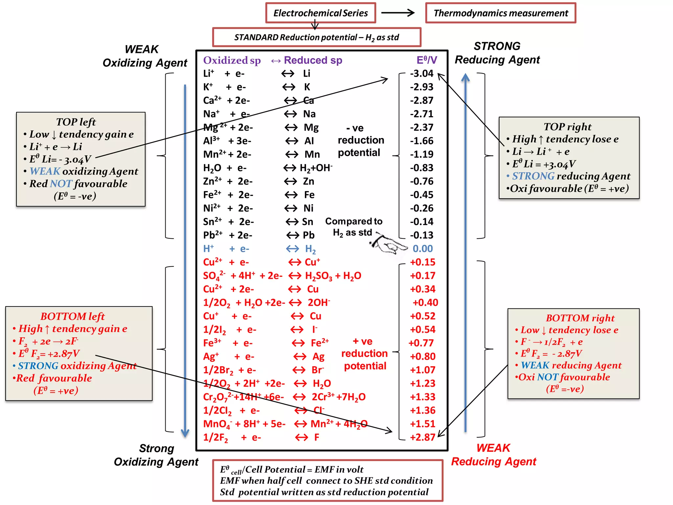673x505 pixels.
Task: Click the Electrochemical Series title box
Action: coord(320,13)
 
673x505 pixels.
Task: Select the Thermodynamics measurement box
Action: coord(500,13)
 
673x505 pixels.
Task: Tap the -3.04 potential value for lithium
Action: coord(422,73)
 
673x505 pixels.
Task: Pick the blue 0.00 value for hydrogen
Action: coord(423,249)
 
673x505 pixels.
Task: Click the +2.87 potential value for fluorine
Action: coord(423,437)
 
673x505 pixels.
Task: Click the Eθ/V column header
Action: coord(427,60)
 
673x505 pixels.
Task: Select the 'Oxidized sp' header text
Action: coord(232,60)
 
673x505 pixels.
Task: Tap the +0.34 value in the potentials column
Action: coord(423,289)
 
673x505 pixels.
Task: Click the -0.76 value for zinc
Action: coord(422,181)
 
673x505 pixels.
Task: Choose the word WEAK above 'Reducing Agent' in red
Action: coord(493,448)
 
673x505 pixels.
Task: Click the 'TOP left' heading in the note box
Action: coord(76,122)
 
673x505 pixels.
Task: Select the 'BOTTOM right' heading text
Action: coord(580,318)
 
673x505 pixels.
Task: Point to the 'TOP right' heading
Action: coord(568,127)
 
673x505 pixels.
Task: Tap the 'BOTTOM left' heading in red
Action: coord(72,316)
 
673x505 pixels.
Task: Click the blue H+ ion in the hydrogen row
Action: coord(208,249)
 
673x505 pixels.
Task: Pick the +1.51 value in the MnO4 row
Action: coord(423,424)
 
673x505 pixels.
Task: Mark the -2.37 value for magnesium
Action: coord(422,127)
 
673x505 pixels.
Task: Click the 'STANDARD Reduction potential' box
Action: coord(316,37)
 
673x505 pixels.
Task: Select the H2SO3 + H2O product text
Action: coord(333,276)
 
